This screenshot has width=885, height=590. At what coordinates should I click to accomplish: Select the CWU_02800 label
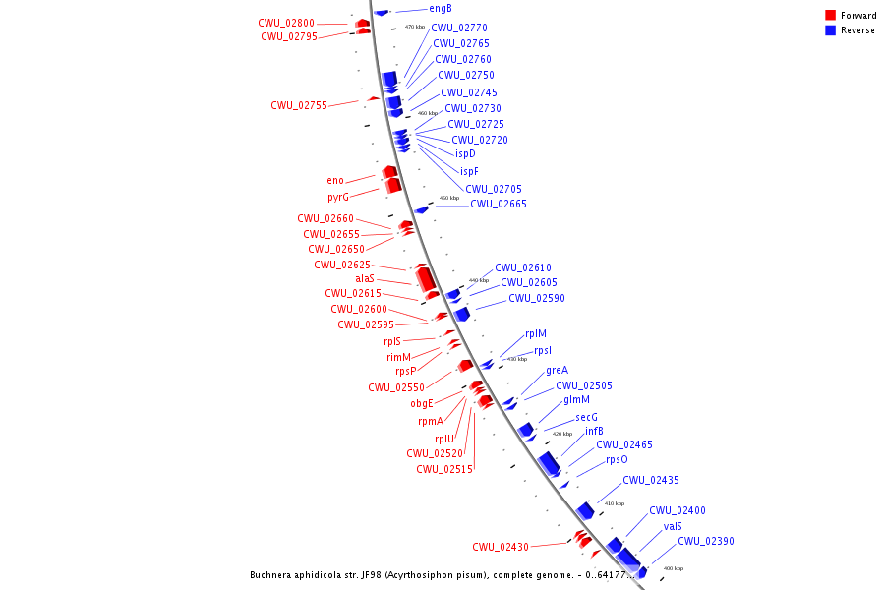pos(286,23)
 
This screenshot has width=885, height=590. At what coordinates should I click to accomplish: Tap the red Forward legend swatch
pos(831,16)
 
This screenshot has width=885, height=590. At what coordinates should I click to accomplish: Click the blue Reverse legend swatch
pos(831,30)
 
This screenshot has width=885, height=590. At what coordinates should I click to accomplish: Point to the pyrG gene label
pos(338,198)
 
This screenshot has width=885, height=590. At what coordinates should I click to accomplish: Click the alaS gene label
pos(365,279)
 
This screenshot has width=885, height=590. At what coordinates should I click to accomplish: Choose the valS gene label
pos(673,526)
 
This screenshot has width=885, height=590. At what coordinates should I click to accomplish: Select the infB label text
pos(594,431)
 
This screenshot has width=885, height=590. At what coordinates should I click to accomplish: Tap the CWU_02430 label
pos(501,547)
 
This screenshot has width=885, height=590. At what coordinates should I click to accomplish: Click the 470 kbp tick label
pos(415,27)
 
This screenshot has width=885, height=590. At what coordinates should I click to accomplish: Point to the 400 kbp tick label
pos(673,568)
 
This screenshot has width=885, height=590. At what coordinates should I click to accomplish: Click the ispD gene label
pos(465,153)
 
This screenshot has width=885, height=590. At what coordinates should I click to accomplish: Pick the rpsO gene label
pos(617,459)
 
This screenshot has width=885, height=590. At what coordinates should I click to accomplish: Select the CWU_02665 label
pos(499,205)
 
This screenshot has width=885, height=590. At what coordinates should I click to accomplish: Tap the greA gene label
pos(557,371)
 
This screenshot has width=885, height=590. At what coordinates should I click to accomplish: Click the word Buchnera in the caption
pos(271,576)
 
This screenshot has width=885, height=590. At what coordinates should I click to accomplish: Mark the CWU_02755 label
pos(299,105)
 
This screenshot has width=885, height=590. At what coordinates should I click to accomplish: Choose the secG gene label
pos(586,417)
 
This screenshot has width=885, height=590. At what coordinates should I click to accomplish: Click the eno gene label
pos(335,181)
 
